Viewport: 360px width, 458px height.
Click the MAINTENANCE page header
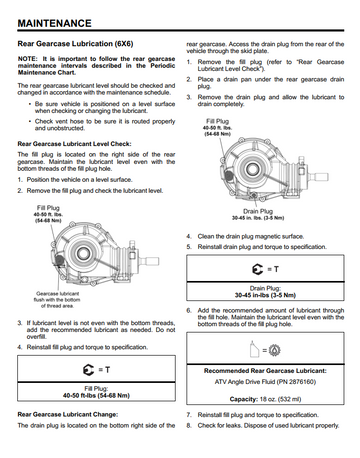(54, 23)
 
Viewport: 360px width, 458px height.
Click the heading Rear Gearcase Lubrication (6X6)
(75, 44)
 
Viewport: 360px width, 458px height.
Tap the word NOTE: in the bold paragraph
(28, 59)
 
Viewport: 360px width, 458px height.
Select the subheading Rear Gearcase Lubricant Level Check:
(74, 144)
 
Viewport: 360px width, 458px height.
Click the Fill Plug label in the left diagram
(48, 208)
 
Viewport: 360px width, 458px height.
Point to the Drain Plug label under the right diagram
(258, 211)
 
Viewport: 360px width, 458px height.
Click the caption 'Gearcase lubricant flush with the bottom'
(57, 297)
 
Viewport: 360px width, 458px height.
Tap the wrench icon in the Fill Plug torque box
(88, 370)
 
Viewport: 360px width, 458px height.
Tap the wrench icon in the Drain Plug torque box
(257, 269)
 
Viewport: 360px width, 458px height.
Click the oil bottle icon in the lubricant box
(255, 350)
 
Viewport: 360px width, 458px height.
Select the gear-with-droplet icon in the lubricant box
(274, 350)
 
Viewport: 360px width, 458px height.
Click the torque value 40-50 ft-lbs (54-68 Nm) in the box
(96, 396)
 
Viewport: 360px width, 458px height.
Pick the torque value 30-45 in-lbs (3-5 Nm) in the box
(265, 295)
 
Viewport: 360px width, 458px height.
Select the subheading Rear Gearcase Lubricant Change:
(68, 415)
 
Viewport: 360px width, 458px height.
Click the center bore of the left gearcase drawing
(82, 253)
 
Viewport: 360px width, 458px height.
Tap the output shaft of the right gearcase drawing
(319, 177)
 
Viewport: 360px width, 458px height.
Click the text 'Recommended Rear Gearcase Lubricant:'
(265, 371)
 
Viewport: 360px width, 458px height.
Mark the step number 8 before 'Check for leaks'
(189, 426)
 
